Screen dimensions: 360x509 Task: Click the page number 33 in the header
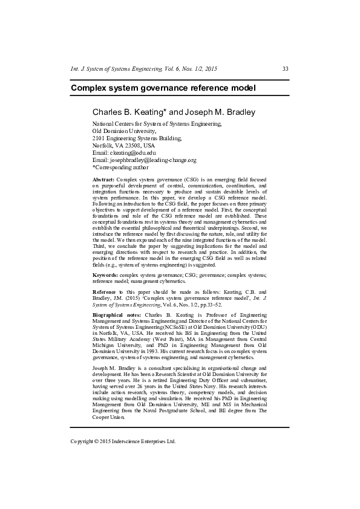click(x=285, y=70)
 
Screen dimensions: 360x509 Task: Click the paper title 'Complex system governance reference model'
click(x=163, y=88)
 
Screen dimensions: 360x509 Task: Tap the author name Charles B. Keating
click(x=128, y=112)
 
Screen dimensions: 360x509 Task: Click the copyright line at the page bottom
click(x=123, y=441)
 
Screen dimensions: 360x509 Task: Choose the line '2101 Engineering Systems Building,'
click(x=137, y=138)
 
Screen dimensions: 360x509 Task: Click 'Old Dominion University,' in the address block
click(x=124, y=131)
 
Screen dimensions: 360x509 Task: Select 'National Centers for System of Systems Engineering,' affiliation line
click(x=157, y=124)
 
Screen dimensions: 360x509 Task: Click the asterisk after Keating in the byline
click(x=165, y=111)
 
